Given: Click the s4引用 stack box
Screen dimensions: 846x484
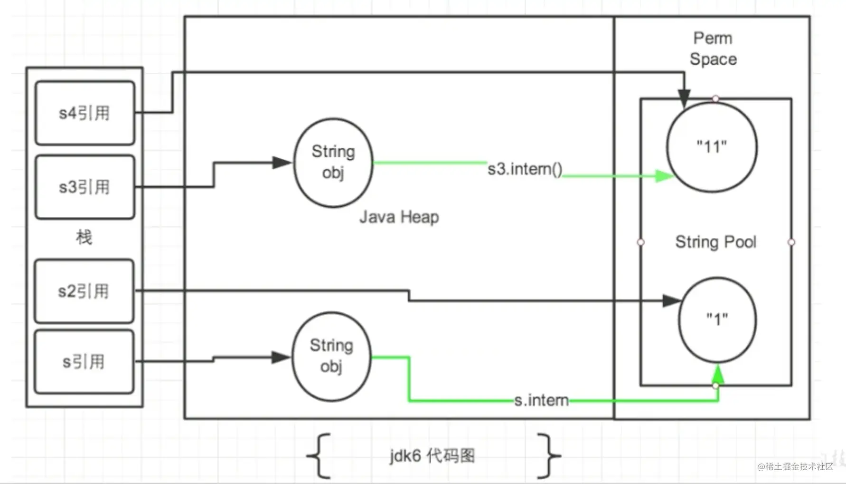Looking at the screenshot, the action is pos(85,113).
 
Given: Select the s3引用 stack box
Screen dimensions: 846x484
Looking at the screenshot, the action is pos(85,187).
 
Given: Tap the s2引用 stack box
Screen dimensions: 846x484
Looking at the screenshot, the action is pos(84,291).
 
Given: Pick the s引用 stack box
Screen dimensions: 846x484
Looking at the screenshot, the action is pos(84,362).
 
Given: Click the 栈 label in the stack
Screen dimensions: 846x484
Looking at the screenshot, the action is pos(84,237).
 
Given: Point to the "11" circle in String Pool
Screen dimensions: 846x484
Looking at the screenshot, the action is pos(712,147).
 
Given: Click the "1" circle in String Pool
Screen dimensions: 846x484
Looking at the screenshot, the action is pos(717,320).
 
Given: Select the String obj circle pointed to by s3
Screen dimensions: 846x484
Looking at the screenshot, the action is pos(333,163).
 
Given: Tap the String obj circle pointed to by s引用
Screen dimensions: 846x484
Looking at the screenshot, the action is pos(331,357).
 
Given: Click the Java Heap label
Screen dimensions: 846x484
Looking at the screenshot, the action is pos(399,217).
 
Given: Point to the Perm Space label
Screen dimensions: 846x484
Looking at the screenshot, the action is pos(713,48).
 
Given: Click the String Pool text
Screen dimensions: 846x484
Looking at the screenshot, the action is pos(715,242).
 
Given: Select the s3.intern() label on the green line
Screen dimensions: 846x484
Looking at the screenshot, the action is pos(525,169).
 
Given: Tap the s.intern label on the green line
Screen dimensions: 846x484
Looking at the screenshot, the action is pos(541,400).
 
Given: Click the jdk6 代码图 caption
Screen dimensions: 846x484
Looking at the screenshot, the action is pos(432,456).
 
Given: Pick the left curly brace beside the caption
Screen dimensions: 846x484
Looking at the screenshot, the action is pos(319,455).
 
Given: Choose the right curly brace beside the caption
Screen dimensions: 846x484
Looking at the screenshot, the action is pos(549,455).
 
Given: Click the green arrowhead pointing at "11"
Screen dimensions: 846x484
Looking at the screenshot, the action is pos(665,176).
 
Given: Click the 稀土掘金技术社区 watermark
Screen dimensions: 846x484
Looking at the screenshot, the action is pos(795,466).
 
